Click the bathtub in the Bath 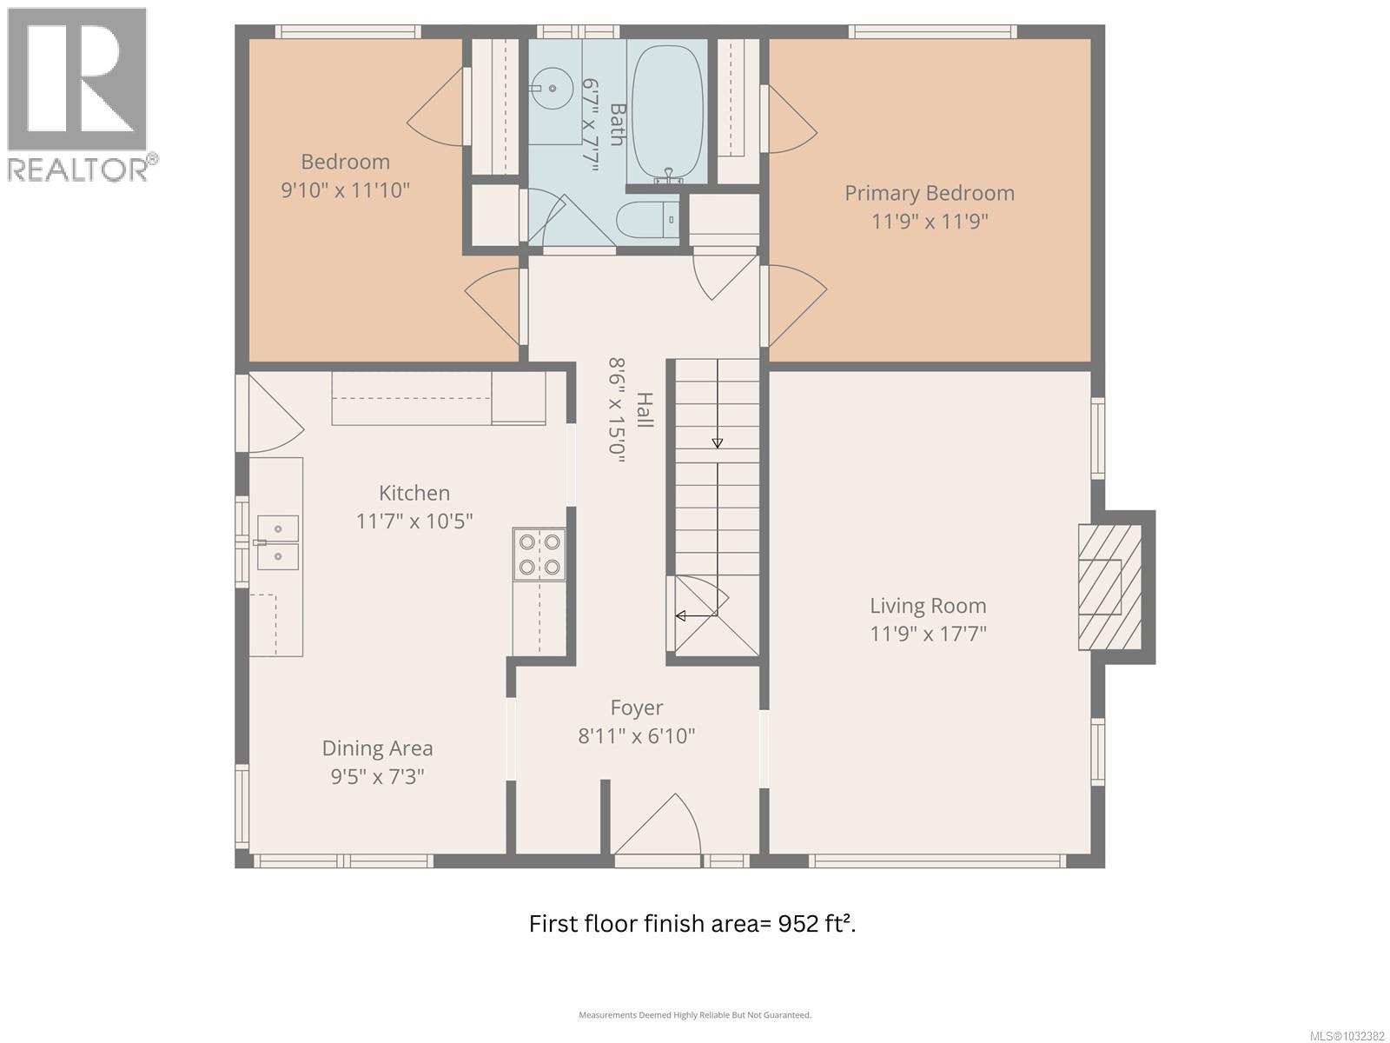pyautogui.click(x=669, y=113)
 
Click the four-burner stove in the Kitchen pyautogui.click(x=539, y=555)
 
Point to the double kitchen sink pyautogui.click(x=277, y=542)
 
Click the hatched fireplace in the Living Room pyautogui.click(x=1109, y=587)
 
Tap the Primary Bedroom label pyautogui.click(x=930, y=193)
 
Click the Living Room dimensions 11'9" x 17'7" pyautogui.click(x=929, y=634)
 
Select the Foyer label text pyautogui.click(x=637, y=708)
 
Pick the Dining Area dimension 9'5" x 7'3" pyautogui.click(x=377, y=776)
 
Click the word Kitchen pyautogui.click(x=414, y=493)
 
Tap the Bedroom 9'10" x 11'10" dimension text pyautogui.click(x=345, y=190)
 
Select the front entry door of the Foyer pyautogui.click(x=657, y=830)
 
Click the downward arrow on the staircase pyautogui.click(x=717, y=442)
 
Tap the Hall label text pyautogui.click(x=645, y=409)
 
